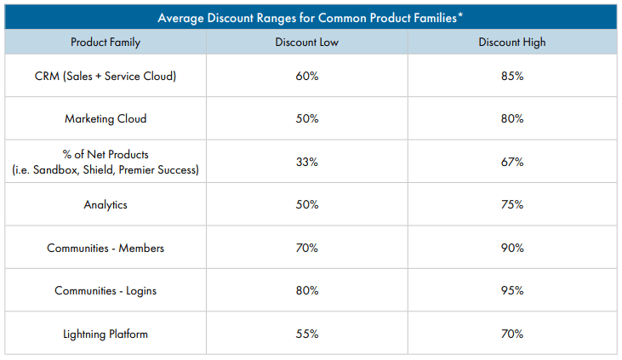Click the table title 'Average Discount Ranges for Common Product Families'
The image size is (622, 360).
[x=307, y=18]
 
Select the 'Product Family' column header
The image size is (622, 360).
[x=106, y=42]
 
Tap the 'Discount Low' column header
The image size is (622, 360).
[x=307, y=42]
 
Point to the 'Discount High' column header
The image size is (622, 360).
[x=512, y=42]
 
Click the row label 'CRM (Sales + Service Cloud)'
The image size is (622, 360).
[x=106, y=76]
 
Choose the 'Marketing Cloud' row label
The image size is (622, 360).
[x=106, y=118]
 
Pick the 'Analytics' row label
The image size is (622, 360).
[x=106, y=205]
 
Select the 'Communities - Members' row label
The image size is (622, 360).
[x=106, y=248]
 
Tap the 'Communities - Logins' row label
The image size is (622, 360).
[x=106, y=291]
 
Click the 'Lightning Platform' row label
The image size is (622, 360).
[x=106, y=334]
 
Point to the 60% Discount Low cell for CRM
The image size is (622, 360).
[x=307, y=76]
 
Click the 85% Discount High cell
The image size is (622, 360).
[x=512, y=76]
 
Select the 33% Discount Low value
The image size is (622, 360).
[x=307, y=162]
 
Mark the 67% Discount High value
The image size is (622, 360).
[x=512, y=162]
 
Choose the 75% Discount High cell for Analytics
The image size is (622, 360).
[x=512, y=205]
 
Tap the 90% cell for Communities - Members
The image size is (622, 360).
[x=512, y=248]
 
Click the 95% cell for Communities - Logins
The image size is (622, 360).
[x=512, y=291]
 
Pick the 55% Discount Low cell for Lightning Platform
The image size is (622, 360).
[x=307, y=334]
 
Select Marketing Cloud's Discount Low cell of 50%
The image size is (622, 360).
[x=307, y=118]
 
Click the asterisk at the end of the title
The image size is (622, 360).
[x=460, y=14]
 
